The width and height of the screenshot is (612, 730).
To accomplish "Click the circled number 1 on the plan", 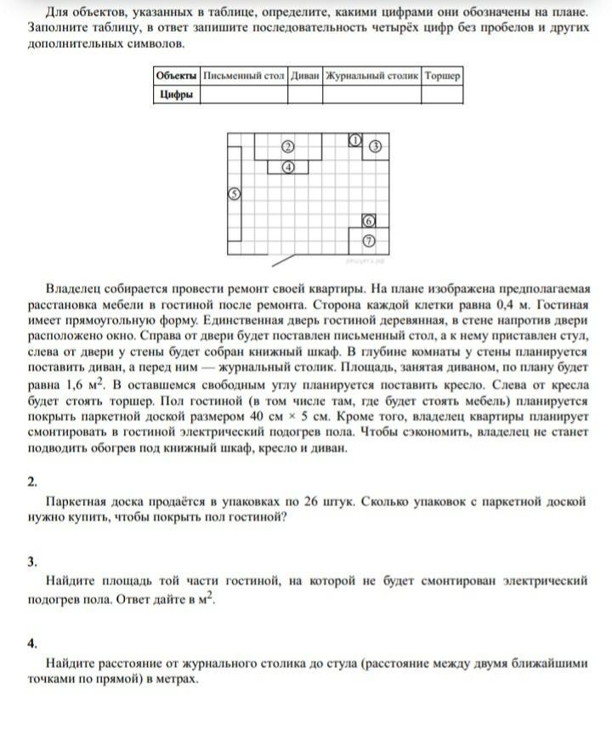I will (356, 140).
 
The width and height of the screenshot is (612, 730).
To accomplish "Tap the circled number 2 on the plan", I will (288, 147).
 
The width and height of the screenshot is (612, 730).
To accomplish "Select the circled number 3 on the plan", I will (374, 147).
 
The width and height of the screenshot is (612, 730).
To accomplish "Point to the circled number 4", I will (288, 167).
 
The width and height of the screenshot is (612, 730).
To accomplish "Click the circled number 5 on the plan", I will (235, 194).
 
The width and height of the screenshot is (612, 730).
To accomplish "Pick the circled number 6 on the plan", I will (369, 220).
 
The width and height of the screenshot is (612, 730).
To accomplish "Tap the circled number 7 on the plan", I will (369, 241).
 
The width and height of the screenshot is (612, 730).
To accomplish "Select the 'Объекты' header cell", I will (177, 76).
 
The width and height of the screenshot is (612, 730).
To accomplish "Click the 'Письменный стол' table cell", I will (243, 76).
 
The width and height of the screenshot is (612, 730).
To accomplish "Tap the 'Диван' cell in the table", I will (305, 76).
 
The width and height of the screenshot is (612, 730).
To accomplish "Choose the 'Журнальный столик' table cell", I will (372, 76).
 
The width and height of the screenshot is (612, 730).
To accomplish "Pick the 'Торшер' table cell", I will (442, 76).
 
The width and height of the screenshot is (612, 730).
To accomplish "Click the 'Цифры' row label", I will (177, 94).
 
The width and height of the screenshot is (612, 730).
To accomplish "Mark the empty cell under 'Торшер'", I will (442, 94).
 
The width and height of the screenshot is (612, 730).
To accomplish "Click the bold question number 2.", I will (31, 482).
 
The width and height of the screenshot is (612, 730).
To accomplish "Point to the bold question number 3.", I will (31, 562).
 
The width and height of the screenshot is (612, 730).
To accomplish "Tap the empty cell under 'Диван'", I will (305, 94).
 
